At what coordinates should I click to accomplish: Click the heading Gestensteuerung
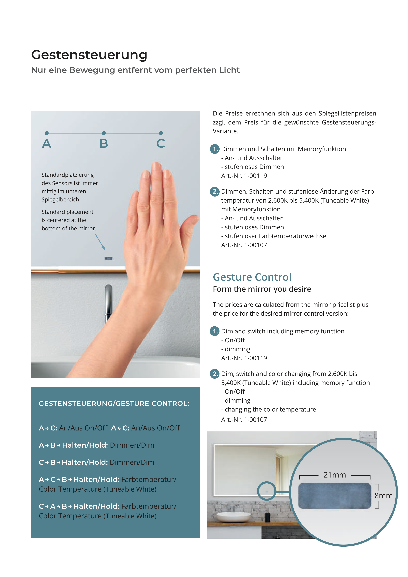[89, 55]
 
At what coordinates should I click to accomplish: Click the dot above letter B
[104, 133]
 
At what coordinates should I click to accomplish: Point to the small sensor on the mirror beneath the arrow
[109, 258]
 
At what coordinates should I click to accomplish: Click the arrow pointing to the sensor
[100, 242]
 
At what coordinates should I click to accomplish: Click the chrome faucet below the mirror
[109, 302]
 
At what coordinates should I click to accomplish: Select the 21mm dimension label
[335, 475]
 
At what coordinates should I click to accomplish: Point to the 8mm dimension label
[383, 496]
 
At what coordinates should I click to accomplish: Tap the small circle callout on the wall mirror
[266, 491]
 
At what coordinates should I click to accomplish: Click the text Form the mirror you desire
[262, 289]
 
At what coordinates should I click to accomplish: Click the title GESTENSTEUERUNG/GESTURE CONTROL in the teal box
[114, 404]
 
